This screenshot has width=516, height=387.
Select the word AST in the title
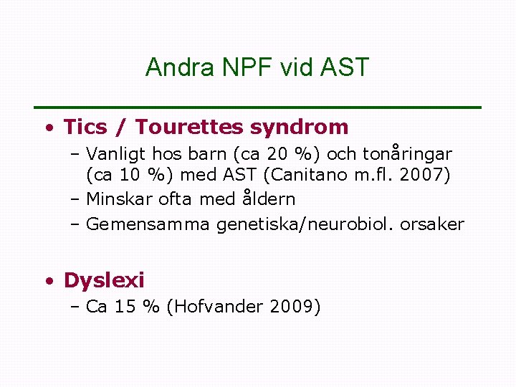point(346,67)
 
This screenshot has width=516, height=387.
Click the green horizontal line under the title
point(258,107)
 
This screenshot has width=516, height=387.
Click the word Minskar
point(117,199)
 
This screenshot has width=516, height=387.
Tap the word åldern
point(267,199)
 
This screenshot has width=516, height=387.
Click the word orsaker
point(432,225)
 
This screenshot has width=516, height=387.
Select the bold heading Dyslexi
point(104,280)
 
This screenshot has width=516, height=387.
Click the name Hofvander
point(219,307)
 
